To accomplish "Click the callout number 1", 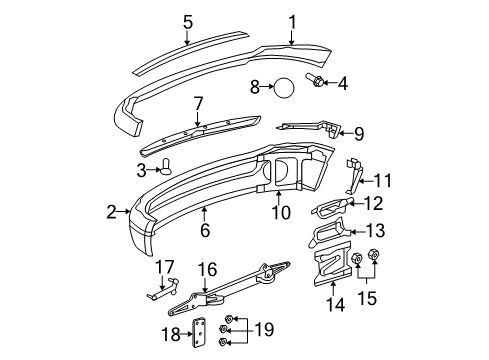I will [x=292, y=20].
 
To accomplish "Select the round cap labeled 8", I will [x=284, y=88].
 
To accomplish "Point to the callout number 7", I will [x=198, y=103].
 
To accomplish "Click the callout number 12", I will [x=373, y=204].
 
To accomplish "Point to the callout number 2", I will [x=118, y=211].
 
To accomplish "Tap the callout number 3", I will [x=142, y=170].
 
